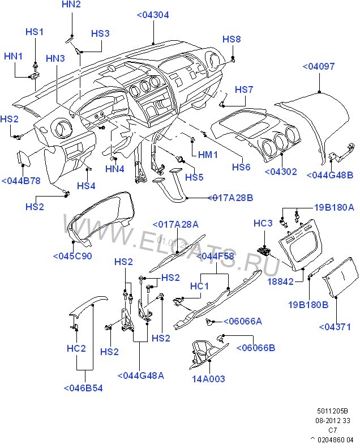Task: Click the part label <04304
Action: (153, 15)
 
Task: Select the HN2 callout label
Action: (71, 5)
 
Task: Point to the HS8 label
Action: (232, 39)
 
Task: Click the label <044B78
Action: (21, 181)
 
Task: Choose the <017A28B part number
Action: (230, 198)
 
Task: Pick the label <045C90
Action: (72, 256)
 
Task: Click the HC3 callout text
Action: (263, 223)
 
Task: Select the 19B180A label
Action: (334, 208)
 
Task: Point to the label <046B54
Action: (83, 389)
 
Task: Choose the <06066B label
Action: (256, 347)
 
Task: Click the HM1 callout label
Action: (207, 154)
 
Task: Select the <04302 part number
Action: (281, 171)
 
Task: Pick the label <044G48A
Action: (141, 375)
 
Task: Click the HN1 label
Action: (14, 56)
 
